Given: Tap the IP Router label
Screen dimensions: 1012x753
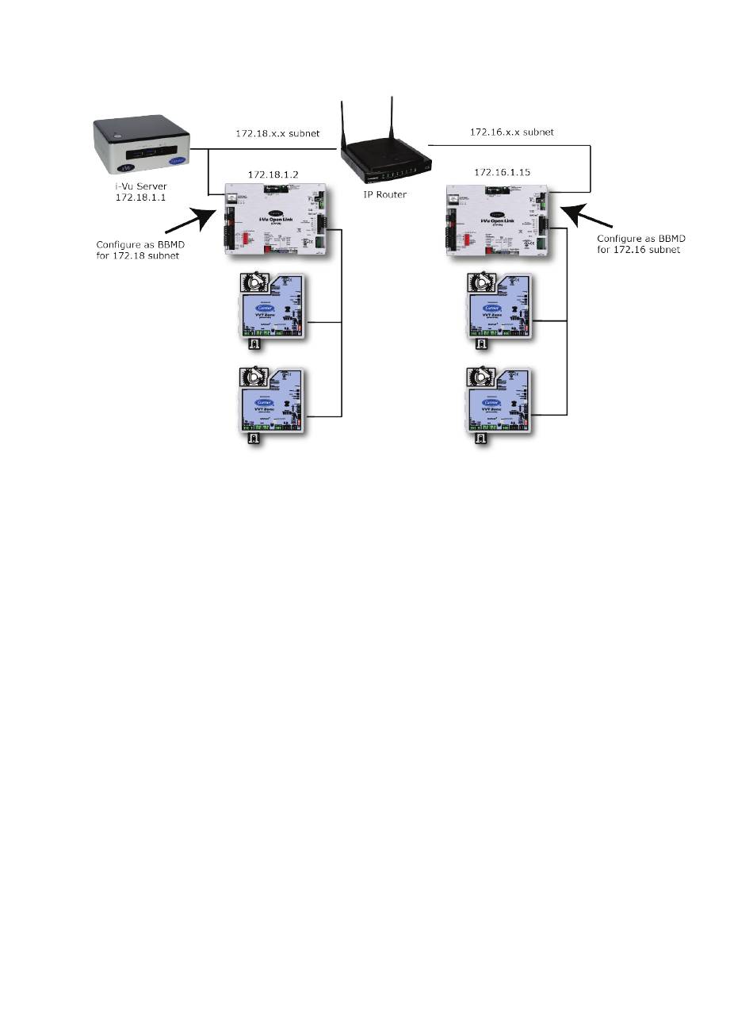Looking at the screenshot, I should click(386, 194).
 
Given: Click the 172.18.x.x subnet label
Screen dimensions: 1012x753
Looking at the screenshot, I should click(275, 133).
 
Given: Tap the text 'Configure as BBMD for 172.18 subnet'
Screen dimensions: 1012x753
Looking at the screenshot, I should click(139, 250).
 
